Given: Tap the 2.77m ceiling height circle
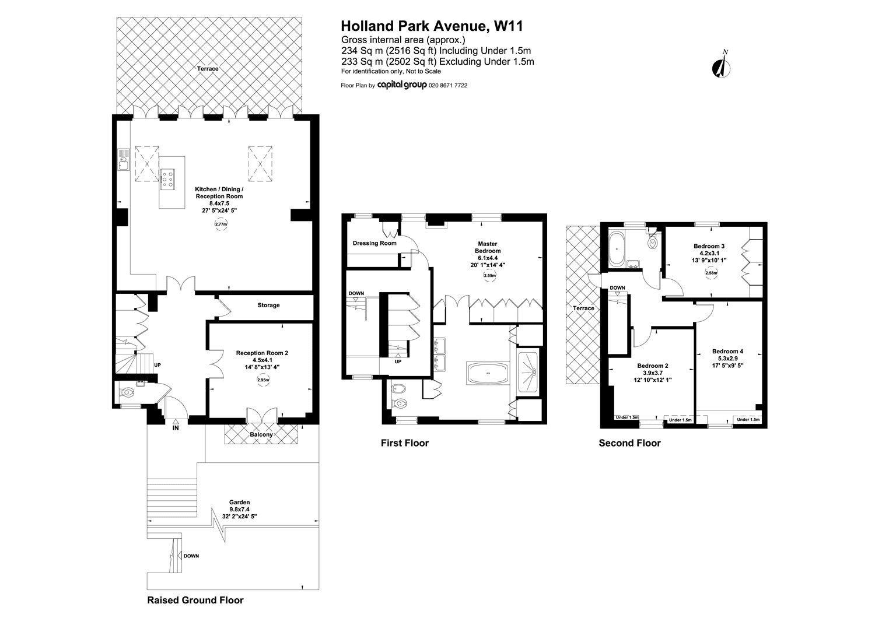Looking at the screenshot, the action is (x=220, y=224).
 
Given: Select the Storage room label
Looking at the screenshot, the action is (x=268, y=306).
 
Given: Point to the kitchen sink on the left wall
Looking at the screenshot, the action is (x=124, y=160).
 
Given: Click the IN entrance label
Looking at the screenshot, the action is (x=176, y=428).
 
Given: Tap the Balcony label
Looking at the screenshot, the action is (x=261, y=434).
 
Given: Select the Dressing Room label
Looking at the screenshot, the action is (x=374, y=243).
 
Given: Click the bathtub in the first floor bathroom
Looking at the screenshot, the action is (x=488, y=373).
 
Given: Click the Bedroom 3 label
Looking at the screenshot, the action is (x=709, y=246).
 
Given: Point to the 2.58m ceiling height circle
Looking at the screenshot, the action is (x=711, y=273).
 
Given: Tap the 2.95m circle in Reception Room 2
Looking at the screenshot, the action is (x=263, y=380).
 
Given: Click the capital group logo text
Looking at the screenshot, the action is (x=401, y=86).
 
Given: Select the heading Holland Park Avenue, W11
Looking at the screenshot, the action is (x=432, y=26).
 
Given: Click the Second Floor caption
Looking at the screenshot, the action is (x=629, y=443).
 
